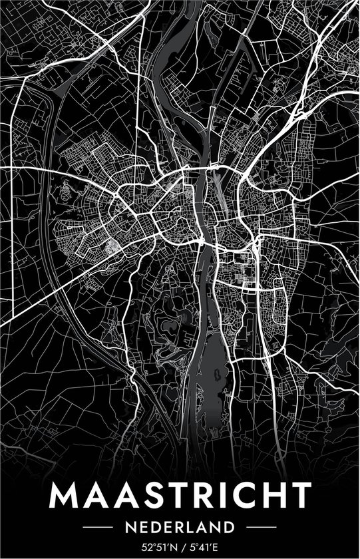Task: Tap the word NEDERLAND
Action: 180,528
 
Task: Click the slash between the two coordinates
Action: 180,547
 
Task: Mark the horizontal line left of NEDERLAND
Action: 105,528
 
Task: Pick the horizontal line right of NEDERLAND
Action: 254,528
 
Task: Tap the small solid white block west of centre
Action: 115,247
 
